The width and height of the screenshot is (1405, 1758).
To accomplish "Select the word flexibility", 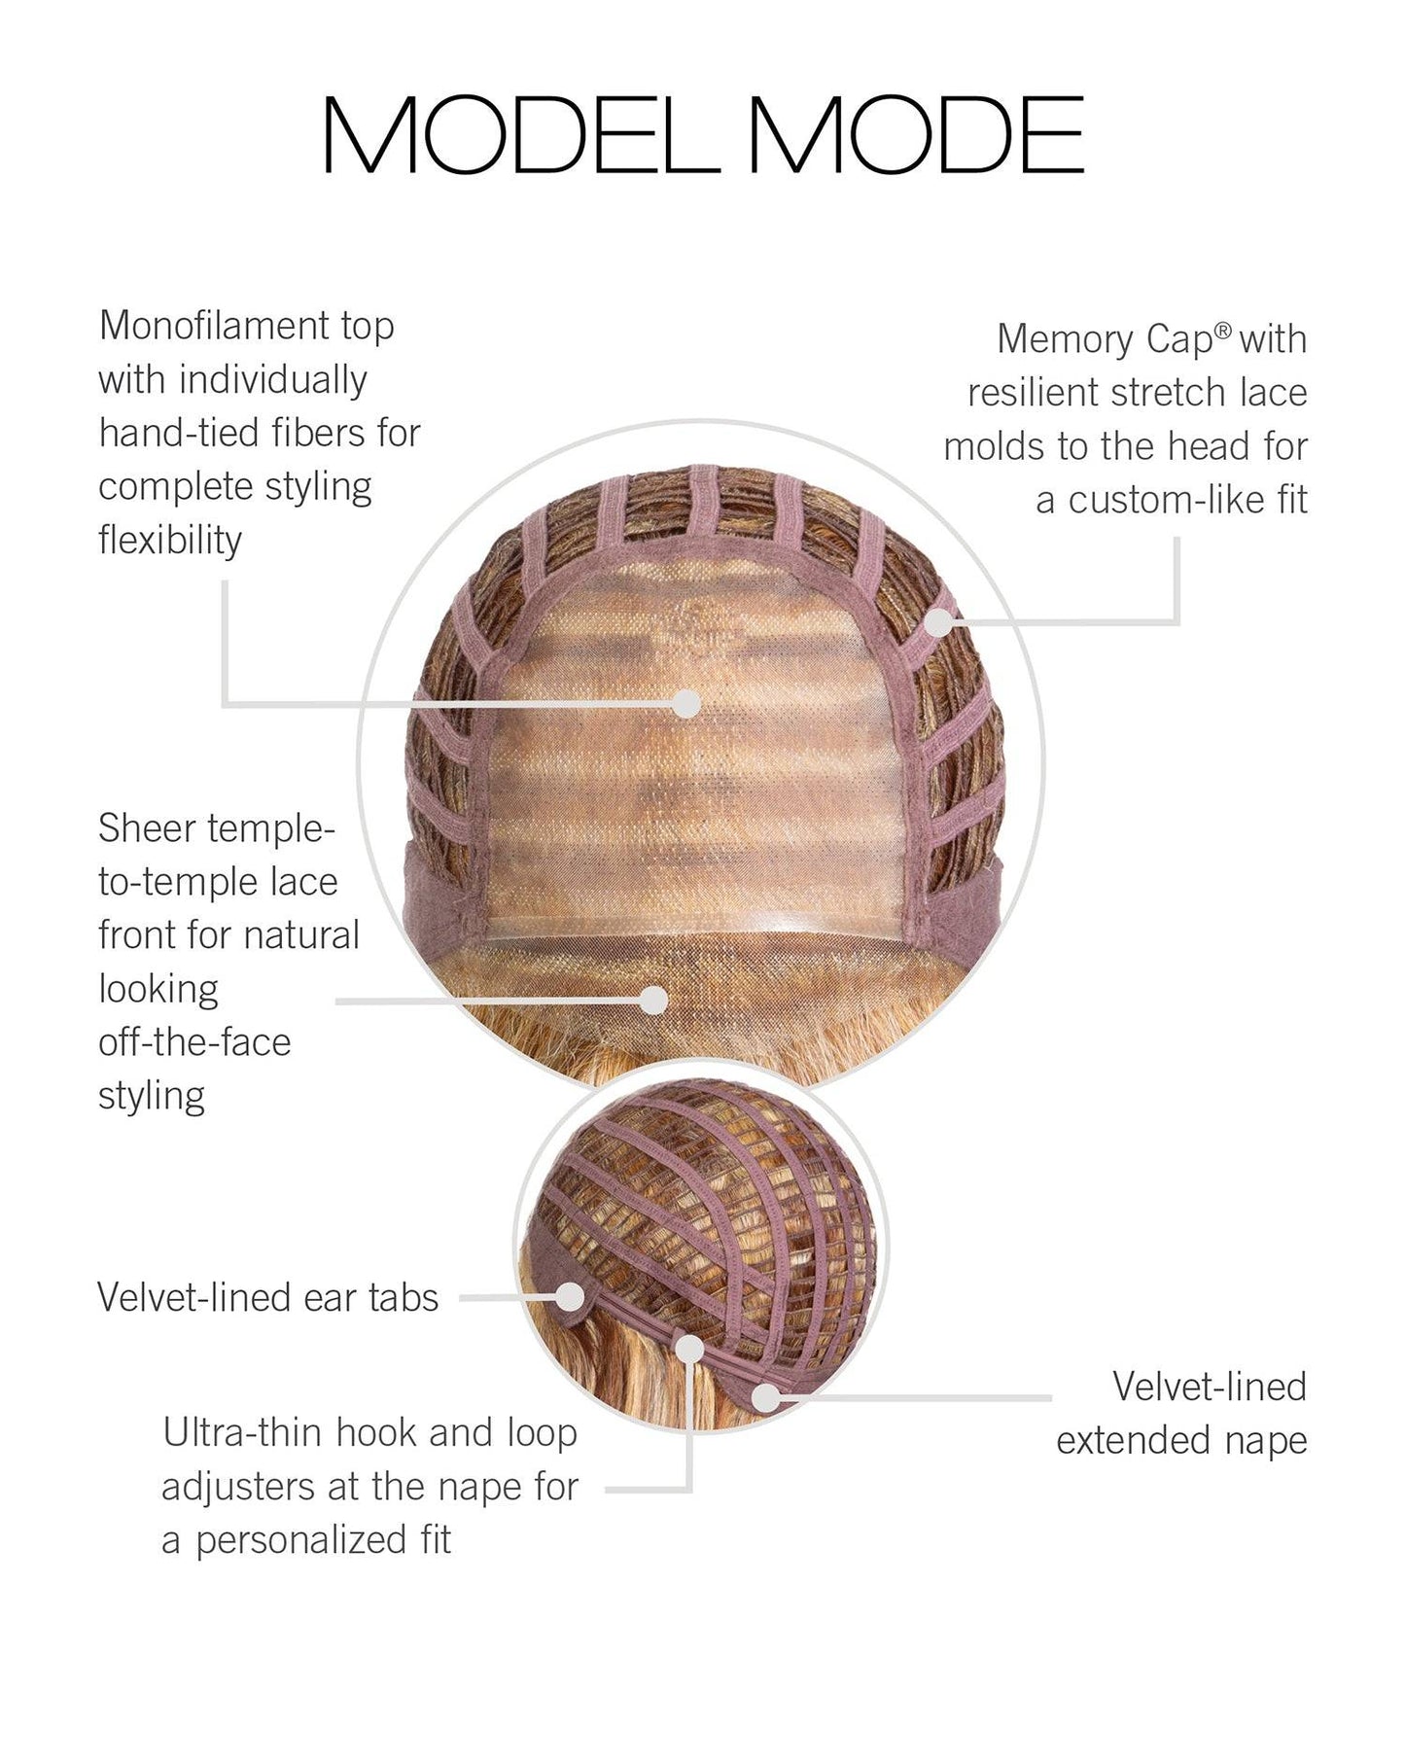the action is click(x=170, y=540).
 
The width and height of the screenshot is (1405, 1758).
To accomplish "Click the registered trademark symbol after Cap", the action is click(x=1223, y=331).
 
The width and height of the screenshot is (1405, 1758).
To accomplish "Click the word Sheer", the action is click(x=147, y=828).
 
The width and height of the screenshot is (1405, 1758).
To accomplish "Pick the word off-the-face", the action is click(x=194, y=1042).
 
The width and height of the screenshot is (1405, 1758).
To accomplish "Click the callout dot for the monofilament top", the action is click(x=687, y=703).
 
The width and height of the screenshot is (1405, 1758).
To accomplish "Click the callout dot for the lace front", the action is click(x=654, y=1000).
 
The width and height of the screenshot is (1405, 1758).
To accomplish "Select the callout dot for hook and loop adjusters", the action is click(x=689, y=1349).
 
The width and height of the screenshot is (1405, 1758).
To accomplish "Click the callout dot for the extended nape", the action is click(x=767, y=1397).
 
